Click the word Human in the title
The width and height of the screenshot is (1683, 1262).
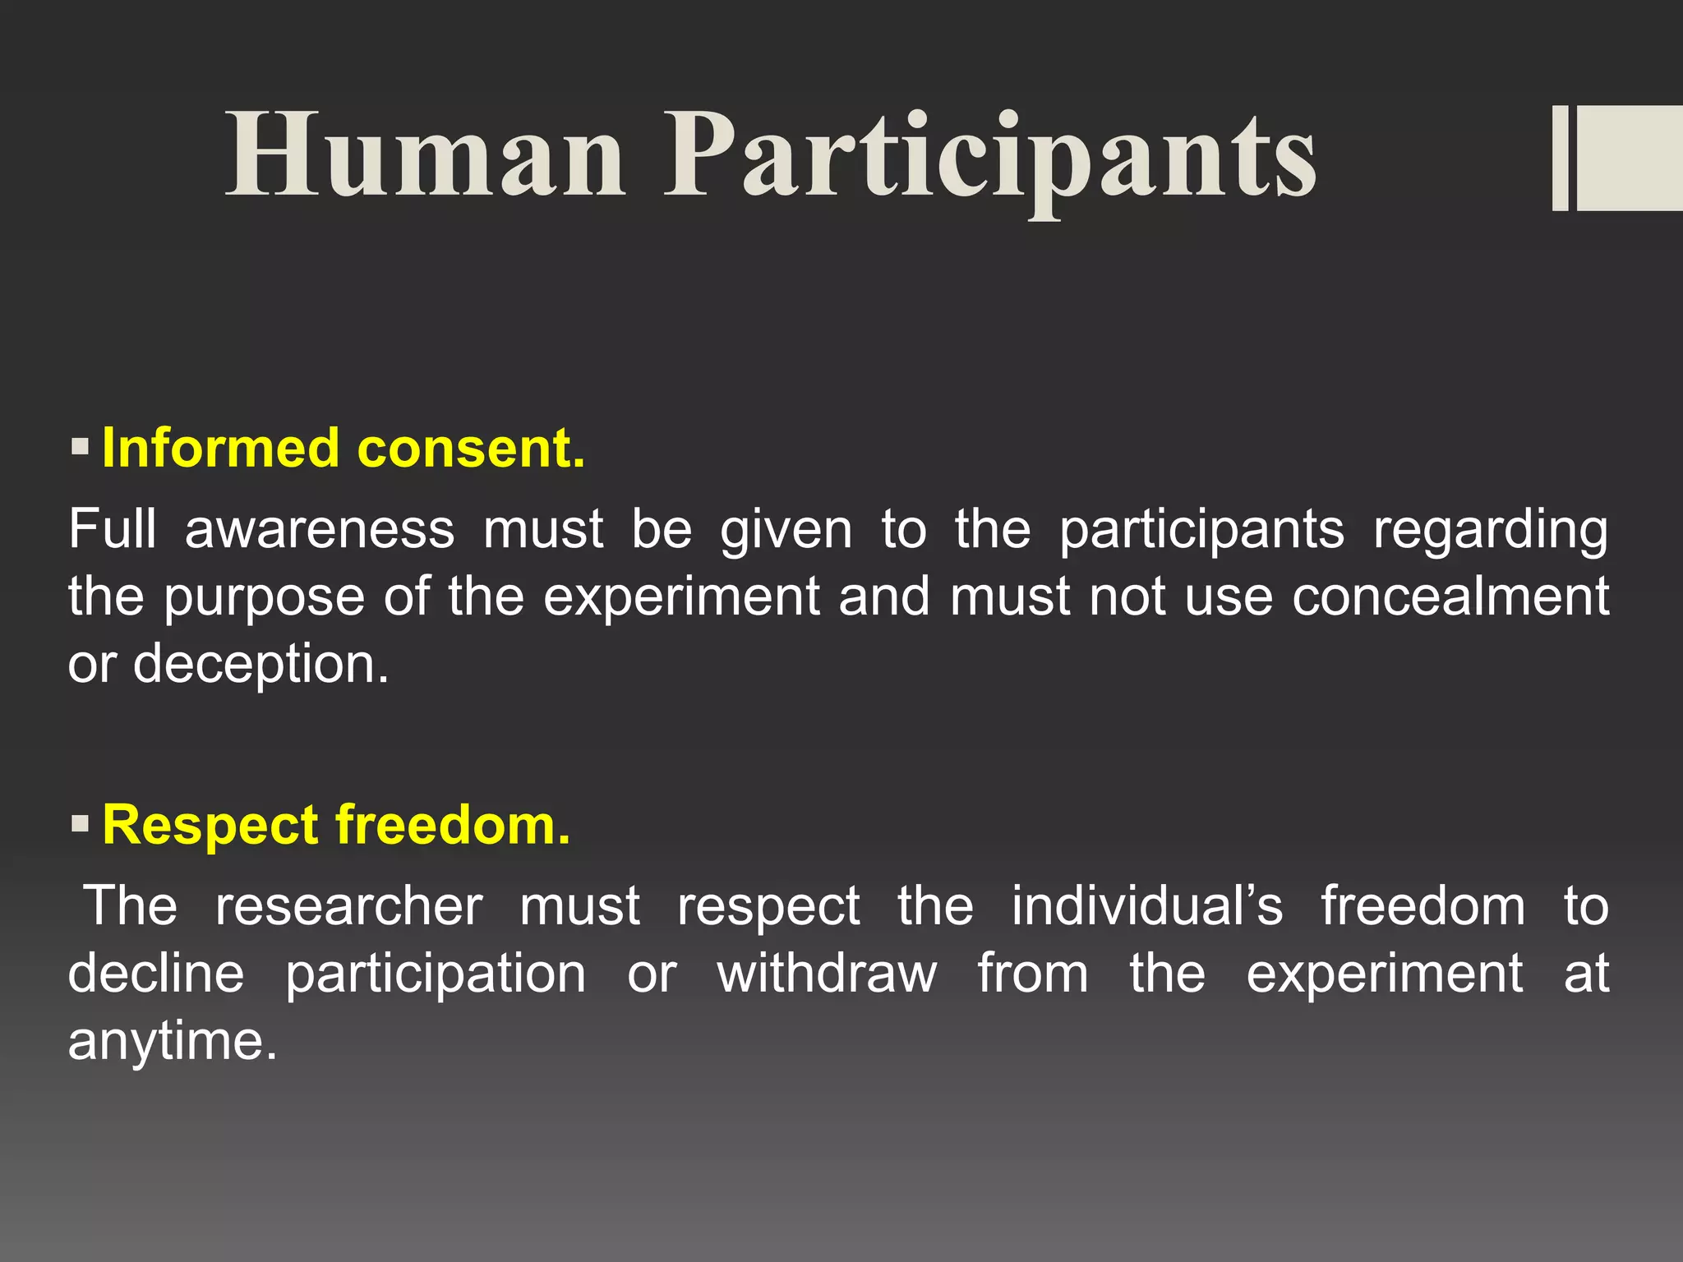pyautogui.click(x=425, y=156)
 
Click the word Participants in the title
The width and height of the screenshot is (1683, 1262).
pyautogui.click(x=989, y=156)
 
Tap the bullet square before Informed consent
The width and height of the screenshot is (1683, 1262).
pyautogui.click(x=80, y=448)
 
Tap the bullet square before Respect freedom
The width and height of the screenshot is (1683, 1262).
pyautogui.click(x=80, y=823)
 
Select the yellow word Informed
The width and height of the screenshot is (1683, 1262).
pyautogui.click(x=220, y=449)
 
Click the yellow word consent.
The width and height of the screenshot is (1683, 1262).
pyautogui.click(x=472, y=449)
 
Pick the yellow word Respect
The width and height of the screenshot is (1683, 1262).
pyautogui.click(x=210, y=825)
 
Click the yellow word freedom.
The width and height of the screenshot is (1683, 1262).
pyautogui.click(x=453, y=824)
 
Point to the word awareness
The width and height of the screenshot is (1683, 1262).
pyautogui.click(x=320, y=530)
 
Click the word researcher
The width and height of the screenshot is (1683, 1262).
pyautogui.click(x=348, y=906)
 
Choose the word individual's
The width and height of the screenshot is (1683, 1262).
pyautogui.click(x=1146, y=906)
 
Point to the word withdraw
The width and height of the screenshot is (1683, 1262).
pyautogui.click(x=827, y=974)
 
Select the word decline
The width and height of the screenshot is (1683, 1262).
pyautogui.click(x=156, y=974)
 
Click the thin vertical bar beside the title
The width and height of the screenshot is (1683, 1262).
pyautogui.click(x=1560, y=158)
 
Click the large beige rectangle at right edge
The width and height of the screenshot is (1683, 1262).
pyautogui.click(x=1630, y=158)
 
